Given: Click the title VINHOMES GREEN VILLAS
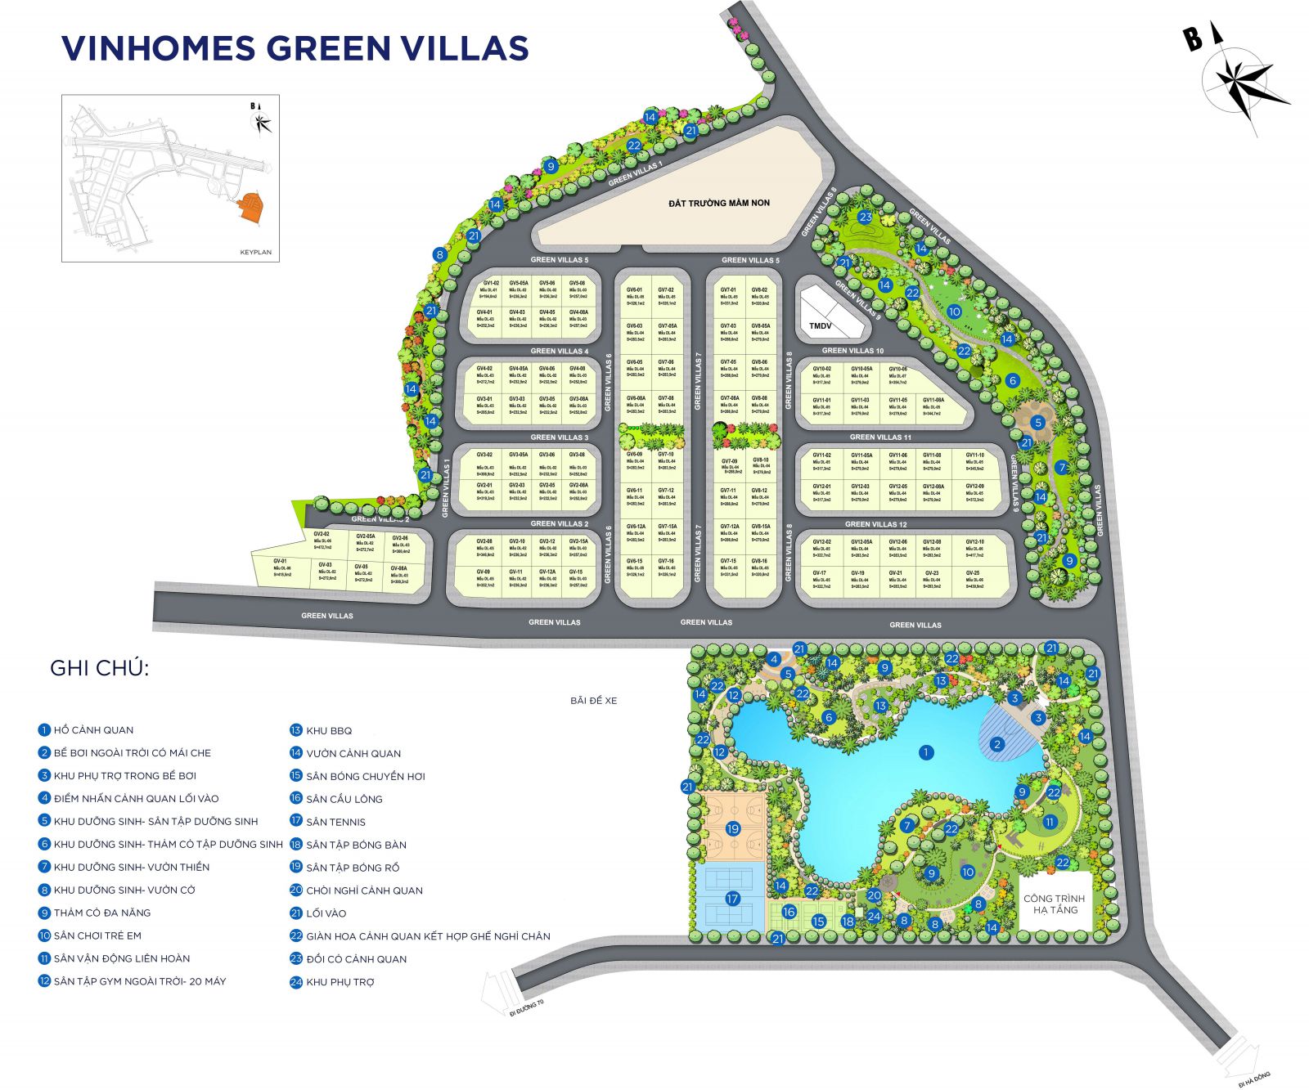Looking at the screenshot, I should (x=295, y=48).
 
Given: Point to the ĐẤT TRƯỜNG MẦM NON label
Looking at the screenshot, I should (x=718, y=203).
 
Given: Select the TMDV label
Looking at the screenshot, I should (x=820, y=325).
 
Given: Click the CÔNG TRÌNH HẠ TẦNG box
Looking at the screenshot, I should (x=1055, y=904).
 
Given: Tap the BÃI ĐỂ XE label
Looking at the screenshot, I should (x=594, y=701).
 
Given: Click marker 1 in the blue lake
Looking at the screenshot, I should (x=926, y=752).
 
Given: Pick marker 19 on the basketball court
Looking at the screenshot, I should (x=732, y=828).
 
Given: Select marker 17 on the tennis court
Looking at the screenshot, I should (x=732, y=899).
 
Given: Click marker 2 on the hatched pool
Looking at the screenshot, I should (x=996, y=744).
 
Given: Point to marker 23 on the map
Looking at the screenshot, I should (x=866, y=218).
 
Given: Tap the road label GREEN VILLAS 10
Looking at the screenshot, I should (x=852, y=351).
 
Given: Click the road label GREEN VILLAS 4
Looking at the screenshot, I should (x=559, y=352).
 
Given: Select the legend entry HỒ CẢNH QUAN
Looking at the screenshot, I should (x=92, y=730).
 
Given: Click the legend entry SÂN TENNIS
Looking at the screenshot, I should (x=335, y=822).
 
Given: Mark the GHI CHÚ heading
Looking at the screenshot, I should (x=99, y=668).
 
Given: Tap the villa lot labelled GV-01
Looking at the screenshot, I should (x=281, y=565).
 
